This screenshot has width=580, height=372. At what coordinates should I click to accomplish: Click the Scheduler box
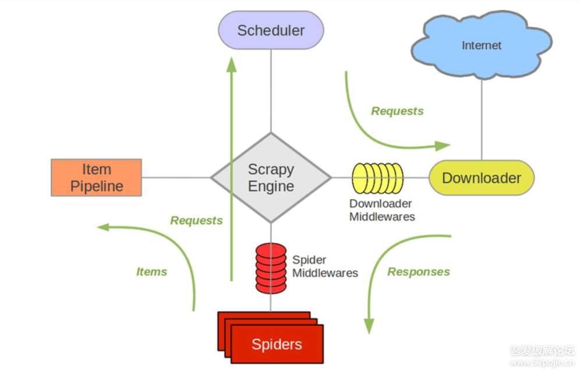tap(271, 30)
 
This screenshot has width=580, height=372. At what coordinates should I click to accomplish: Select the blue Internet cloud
tap(481, 46)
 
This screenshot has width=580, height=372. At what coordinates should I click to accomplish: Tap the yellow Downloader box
tap(481, 178)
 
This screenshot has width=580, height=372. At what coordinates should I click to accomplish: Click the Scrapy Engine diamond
tap(271, 178)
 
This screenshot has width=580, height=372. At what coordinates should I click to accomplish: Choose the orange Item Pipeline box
tap(96, 178)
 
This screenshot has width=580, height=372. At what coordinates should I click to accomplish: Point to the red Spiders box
tap(276, 343)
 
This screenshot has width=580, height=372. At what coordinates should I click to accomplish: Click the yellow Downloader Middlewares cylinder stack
tap(377, 178)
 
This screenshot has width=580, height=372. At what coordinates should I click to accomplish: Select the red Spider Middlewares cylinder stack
tap(271, 268)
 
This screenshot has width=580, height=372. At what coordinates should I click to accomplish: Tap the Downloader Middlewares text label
tap(382, 210)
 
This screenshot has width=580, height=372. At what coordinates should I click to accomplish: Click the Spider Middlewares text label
tap(325, 266)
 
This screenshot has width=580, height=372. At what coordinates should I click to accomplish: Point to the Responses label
tap(419, 272)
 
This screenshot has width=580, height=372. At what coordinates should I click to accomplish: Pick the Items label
tap(151, 272)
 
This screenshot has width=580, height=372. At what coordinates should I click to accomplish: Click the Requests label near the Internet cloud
tap(397, 111)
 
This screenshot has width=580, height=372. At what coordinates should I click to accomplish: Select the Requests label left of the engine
tap(196, 221)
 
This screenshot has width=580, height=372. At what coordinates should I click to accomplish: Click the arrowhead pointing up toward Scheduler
tap(232, 65)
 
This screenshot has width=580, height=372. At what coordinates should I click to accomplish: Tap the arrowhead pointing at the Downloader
tap(444, 146)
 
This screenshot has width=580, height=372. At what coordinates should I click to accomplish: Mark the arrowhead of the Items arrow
tap(103, 227)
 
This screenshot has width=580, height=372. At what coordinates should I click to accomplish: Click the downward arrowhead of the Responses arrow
tap(369, 326)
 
